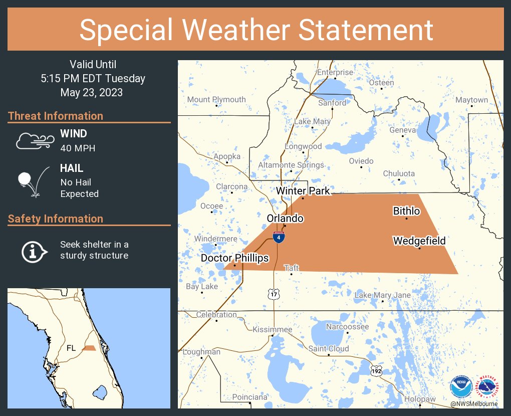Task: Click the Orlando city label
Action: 285,219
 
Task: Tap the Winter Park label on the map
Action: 303,191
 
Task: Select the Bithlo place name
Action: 406,212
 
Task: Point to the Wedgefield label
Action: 419,242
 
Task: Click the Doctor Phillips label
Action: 235,258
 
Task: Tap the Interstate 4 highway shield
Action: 280,237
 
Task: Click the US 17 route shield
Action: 274,294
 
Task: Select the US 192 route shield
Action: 376,370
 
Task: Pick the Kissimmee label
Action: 272,329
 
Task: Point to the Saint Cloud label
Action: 329,349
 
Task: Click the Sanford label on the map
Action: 332,103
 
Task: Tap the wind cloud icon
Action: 34,141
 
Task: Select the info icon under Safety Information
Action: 34,251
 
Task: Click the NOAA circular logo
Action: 461,387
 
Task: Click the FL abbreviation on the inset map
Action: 72,348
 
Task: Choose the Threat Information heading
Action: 56,116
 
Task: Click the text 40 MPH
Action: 78,148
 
